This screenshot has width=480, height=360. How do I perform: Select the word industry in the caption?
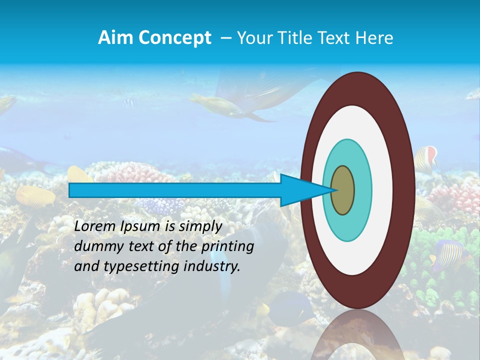coord(211,266)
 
